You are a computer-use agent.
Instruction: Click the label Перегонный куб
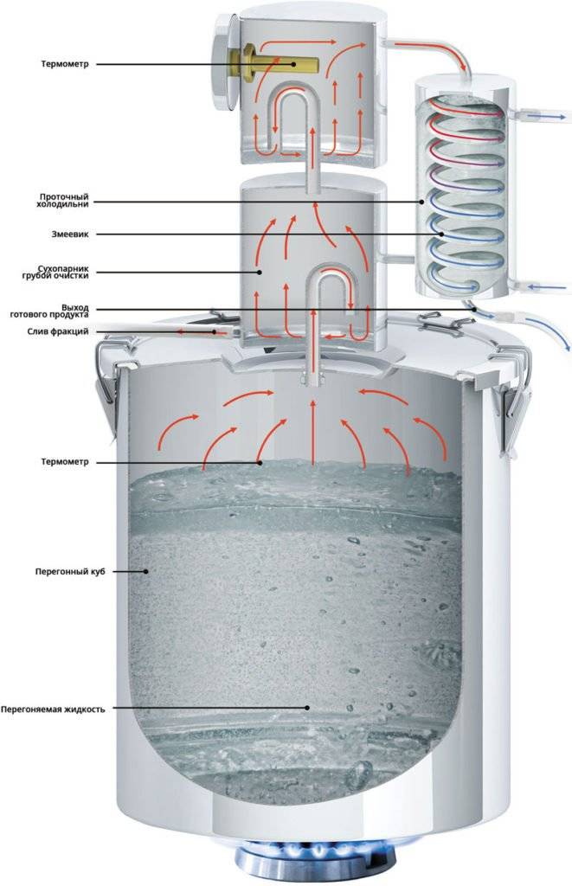pyautogui.click(x=70, y=571)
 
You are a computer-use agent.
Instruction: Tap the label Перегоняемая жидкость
pyautogui.click(x=53, y=709)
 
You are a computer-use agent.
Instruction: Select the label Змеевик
pyautogui.click(x=70, y=234)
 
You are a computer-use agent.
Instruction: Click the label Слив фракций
pyautogui.click(x=58, y=331)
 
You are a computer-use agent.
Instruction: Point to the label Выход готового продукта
pyautogui.click(x=49, y=311)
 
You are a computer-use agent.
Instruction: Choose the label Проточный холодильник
pyautogui.click(x=60, y=201)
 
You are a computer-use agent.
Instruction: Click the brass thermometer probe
pyautogui.click(x=274, y=61)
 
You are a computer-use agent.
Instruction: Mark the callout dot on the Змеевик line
pyautogui.click(x=441, y=234)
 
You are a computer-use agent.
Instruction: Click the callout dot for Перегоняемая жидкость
pyautogui.click(x=307, y=708)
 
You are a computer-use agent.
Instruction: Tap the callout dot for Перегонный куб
pyautogui.click(x=146, y=571)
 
